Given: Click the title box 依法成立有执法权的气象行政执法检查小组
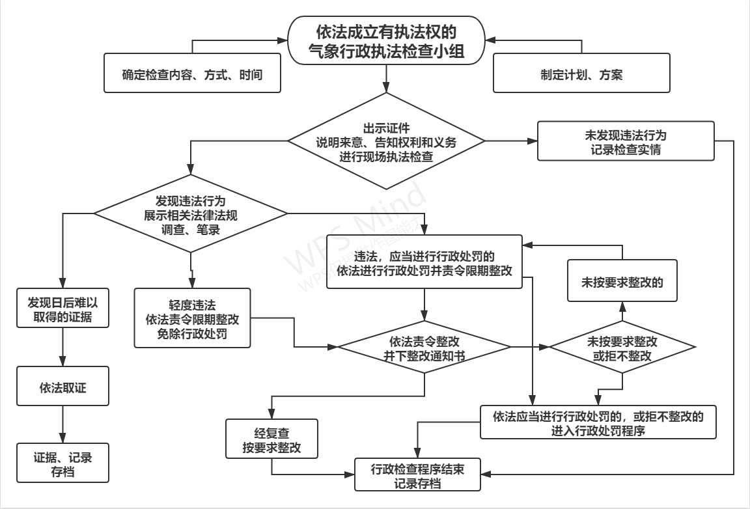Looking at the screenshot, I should (x=387, y=41).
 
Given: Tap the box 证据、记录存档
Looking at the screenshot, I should (x=62, y=463).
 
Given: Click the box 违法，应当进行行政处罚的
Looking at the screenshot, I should (x=424, y=262).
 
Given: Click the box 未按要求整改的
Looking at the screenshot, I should (x=621, y=280).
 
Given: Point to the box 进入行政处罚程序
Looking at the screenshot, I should (x=598, y=422).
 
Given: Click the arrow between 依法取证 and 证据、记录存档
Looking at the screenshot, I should (x=62, y=423).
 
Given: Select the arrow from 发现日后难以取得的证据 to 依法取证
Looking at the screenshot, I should (x=62, y=347).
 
